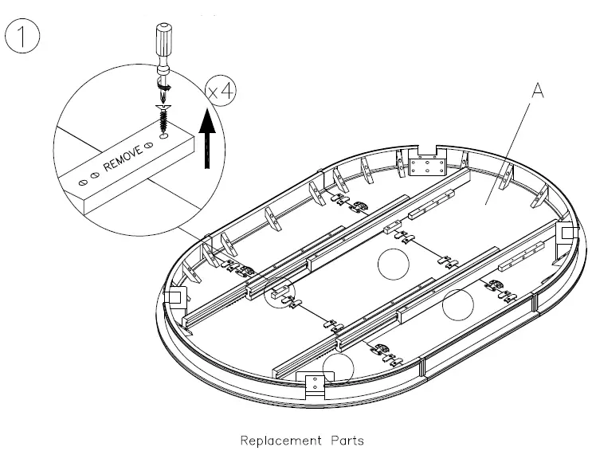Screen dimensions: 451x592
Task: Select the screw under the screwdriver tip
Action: coord(164,116)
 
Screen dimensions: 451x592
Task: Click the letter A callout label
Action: coord(537,92)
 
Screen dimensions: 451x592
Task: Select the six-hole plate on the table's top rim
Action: coord(428,165)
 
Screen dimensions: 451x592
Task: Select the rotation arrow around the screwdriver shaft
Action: coord(165,84)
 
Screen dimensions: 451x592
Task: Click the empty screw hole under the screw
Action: coord(163,137)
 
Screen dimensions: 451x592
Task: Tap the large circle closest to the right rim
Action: coord(459,304)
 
